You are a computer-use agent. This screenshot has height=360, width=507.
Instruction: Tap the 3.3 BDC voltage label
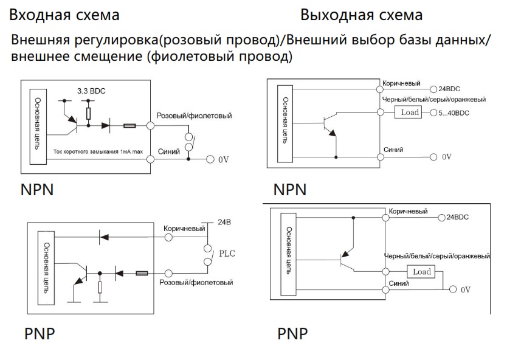[x=91, y=91]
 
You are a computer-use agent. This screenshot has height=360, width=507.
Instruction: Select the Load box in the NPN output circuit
[x=410, y=112]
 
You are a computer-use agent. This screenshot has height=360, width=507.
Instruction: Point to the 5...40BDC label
[x=453, y=113]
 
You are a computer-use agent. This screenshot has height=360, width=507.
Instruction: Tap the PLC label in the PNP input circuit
[x=227, y=252]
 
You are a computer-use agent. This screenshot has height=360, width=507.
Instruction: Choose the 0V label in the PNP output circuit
[x=466, y=289]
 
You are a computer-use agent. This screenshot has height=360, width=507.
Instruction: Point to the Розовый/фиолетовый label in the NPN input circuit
[x=194, y=116]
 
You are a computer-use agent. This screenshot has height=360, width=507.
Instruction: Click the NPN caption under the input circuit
[x=36, y=189]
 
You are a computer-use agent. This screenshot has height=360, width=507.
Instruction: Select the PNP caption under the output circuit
[x=292, y=334]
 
